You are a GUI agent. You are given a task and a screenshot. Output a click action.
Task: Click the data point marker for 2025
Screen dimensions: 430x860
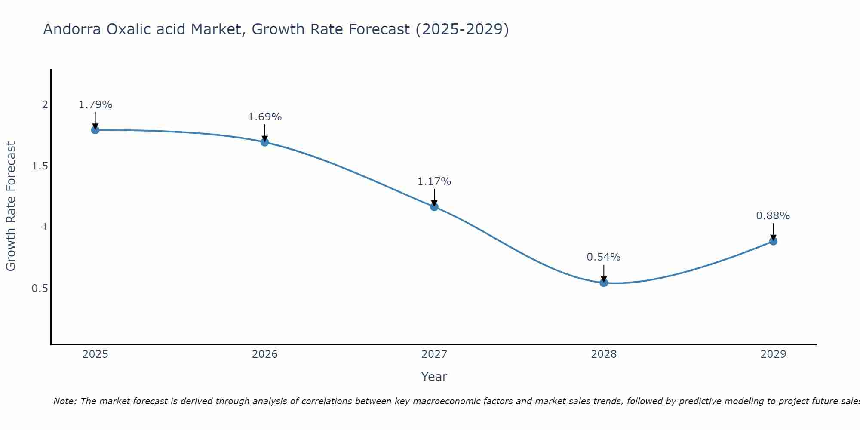95,130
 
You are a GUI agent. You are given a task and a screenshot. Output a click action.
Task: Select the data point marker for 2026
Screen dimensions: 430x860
265,142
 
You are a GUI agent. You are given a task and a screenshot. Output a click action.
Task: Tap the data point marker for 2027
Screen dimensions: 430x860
434,207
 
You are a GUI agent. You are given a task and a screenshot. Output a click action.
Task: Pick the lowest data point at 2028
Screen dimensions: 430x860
604,283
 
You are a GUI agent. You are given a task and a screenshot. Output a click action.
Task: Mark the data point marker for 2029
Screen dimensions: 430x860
773,241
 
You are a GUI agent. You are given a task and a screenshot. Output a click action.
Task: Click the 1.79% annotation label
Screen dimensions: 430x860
95,105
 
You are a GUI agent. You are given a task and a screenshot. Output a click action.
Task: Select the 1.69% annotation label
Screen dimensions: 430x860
265,117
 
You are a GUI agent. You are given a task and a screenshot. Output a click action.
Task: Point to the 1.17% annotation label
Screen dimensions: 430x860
434,181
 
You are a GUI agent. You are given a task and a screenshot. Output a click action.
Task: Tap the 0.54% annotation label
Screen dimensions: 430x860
604,257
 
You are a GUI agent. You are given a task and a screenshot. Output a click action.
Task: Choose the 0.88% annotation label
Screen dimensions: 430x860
773,216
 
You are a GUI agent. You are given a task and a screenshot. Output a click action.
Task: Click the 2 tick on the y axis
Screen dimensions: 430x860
45,105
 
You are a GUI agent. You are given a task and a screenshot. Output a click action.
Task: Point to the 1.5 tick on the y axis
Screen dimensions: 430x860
40,166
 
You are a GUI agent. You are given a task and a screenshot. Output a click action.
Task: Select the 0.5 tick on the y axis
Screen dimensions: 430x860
40,288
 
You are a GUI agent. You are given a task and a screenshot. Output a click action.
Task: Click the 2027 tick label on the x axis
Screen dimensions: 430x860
434,354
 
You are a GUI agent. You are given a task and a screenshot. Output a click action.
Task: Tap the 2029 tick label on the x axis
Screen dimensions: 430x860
773,354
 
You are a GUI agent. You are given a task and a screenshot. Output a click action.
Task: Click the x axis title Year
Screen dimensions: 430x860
434,377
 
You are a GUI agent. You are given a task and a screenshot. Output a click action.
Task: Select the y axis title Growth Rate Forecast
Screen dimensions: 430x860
11,206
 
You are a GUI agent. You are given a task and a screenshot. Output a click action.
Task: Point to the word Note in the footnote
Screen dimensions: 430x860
64,401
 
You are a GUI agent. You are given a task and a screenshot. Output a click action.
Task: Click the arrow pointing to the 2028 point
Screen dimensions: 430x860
604,273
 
